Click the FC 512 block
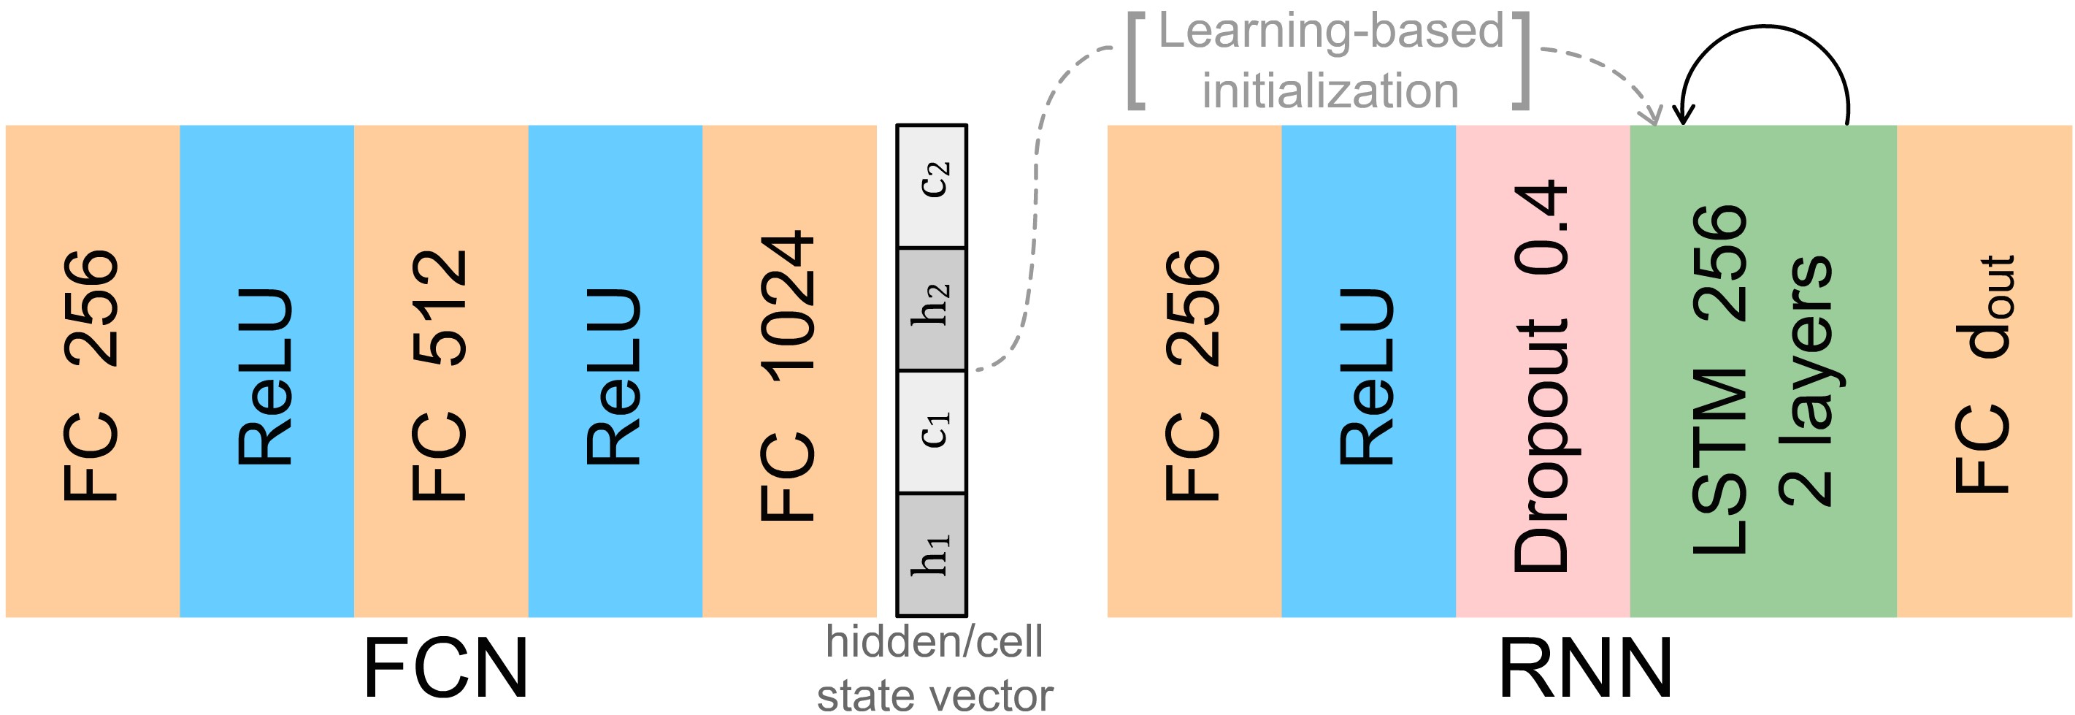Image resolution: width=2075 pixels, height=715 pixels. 440,371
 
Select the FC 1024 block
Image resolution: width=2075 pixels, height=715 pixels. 789,371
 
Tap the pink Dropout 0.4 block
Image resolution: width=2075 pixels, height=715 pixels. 1542,371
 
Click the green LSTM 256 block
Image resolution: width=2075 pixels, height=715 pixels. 1763,371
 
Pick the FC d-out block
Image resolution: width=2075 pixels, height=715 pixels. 1983,371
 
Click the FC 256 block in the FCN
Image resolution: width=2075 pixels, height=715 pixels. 92,371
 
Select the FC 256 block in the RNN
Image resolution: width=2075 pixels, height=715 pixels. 1194,371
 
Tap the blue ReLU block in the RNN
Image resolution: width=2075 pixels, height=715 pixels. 1368,371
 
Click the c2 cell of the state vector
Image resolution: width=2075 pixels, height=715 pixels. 932,186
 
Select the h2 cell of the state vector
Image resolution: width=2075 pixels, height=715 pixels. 932,309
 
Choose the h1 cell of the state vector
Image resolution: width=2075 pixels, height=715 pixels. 932,554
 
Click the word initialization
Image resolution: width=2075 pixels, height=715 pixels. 1331,91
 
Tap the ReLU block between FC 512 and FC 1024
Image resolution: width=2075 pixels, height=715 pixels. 615,371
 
